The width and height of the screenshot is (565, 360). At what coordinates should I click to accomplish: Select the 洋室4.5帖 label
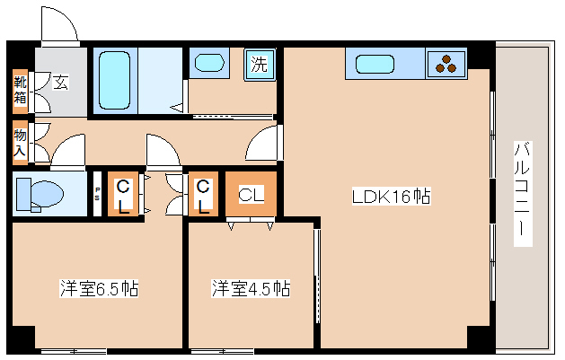251,289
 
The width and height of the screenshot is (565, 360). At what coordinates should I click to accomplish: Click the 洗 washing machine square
259,65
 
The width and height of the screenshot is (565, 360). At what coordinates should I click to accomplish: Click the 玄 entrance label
59,83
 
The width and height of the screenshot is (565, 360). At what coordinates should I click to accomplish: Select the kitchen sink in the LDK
372,64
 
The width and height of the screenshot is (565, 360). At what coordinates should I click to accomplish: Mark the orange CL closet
250,194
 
